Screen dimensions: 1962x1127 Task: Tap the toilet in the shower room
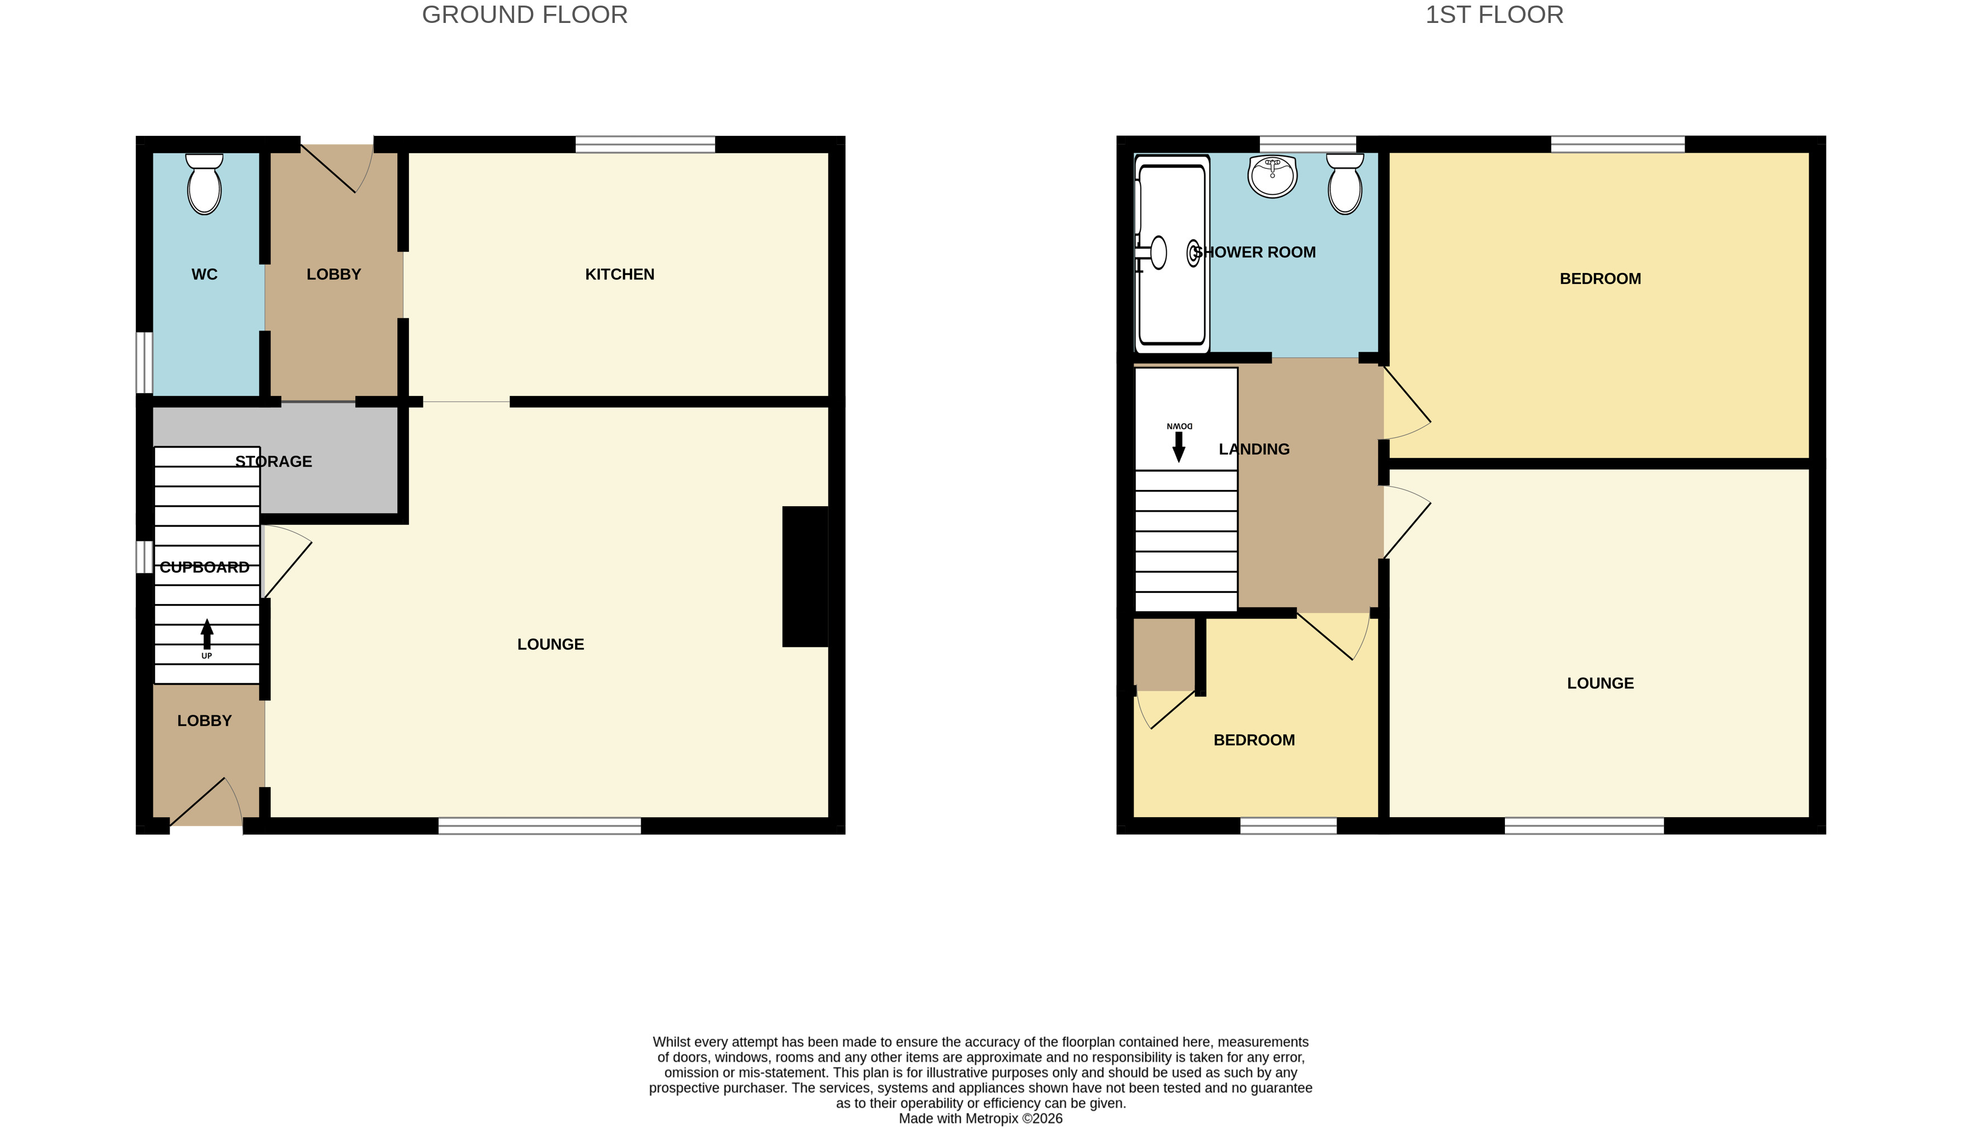(1345, 184)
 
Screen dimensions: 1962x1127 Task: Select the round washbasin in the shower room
(1272, 176)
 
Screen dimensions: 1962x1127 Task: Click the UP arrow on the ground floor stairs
(207, 634)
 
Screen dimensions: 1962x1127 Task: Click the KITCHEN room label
(619, 274)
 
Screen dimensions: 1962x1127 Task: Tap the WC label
(204, 274)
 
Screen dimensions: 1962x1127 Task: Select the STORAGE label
(274, 461)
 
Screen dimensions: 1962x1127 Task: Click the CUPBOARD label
(204, 567)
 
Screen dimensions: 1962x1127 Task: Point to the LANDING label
(1254, 449)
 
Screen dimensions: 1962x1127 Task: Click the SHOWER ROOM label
(1254, 252)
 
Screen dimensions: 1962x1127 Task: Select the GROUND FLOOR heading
(525, 15)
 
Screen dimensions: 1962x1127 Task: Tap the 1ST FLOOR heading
(1494, 15)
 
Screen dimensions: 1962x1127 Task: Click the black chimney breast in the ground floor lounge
(805, 576)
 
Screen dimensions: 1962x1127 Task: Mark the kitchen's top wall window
(645, 144)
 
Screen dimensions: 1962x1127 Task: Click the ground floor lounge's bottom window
(540, 825)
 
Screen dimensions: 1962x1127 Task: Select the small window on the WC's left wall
(144, 362)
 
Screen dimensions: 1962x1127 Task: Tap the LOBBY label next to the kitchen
(333, 274)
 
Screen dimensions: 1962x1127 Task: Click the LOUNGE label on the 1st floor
(1601, 683)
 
